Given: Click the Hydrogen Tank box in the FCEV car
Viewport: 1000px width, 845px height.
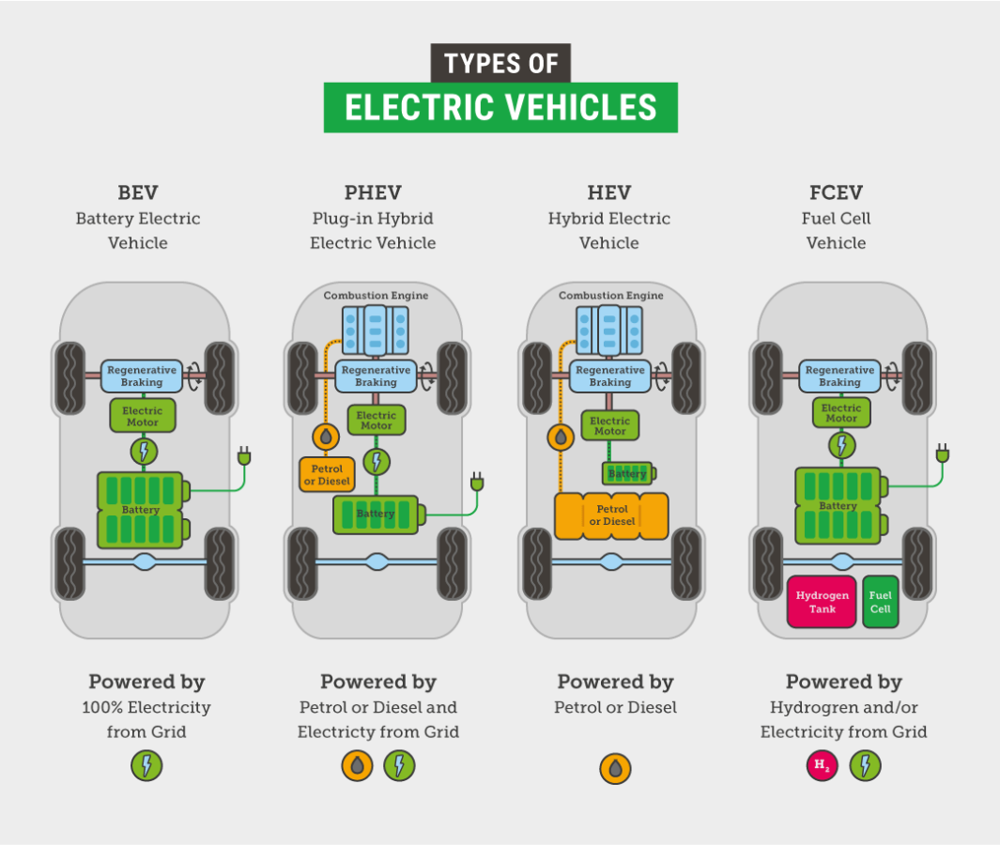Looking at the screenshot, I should point(822,602).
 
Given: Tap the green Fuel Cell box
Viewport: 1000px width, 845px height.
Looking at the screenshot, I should point(880,602).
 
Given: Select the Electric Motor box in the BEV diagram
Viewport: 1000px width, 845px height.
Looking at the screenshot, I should point(143,416).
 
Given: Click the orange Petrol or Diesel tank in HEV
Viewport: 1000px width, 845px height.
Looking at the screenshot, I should point(611,515).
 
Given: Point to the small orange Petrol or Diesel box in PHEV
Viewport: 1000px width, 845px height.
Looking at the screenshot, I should point(326,475).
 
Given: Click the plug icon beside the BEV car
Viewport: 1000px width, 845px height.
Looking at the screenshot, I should point(245,458).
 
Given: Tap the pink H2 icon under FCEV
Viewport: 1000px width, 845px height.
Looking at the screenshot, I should point(822,766).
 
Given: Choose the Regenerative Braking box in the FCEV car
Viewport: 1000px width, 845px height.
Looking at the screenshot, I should point(839,376).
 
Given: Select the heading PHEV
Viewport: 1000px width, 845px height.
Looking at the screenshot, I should point(373,193).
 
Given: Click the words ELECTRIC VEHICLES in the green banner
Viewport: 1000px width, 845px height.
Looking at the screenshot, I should point(500,107).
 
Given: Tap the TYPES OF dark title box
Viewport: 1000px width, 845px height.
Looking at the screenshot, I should point(500,63).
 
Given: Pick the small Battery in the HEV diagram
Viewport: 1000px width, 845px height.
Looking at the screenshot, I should point(626,473).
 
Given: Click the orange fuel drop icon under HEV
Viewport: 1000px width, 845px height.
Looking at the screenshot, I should point(615,769).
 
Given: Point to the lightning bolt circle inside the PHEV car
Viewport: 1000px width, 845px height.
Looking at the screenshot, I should point(377,462).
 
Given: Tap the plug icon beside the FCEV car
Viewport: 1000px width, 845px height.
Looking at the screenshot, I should point(942,454).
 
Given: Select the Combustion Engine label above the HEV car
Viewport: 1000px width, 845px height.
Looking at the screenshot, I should point(610,296).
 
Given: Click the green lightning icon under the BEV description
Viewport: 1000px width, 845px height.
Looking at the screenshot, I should point(146,766).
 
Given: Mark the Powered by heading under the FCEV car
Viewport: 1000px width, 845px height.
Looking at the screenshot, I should point(843,682).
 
